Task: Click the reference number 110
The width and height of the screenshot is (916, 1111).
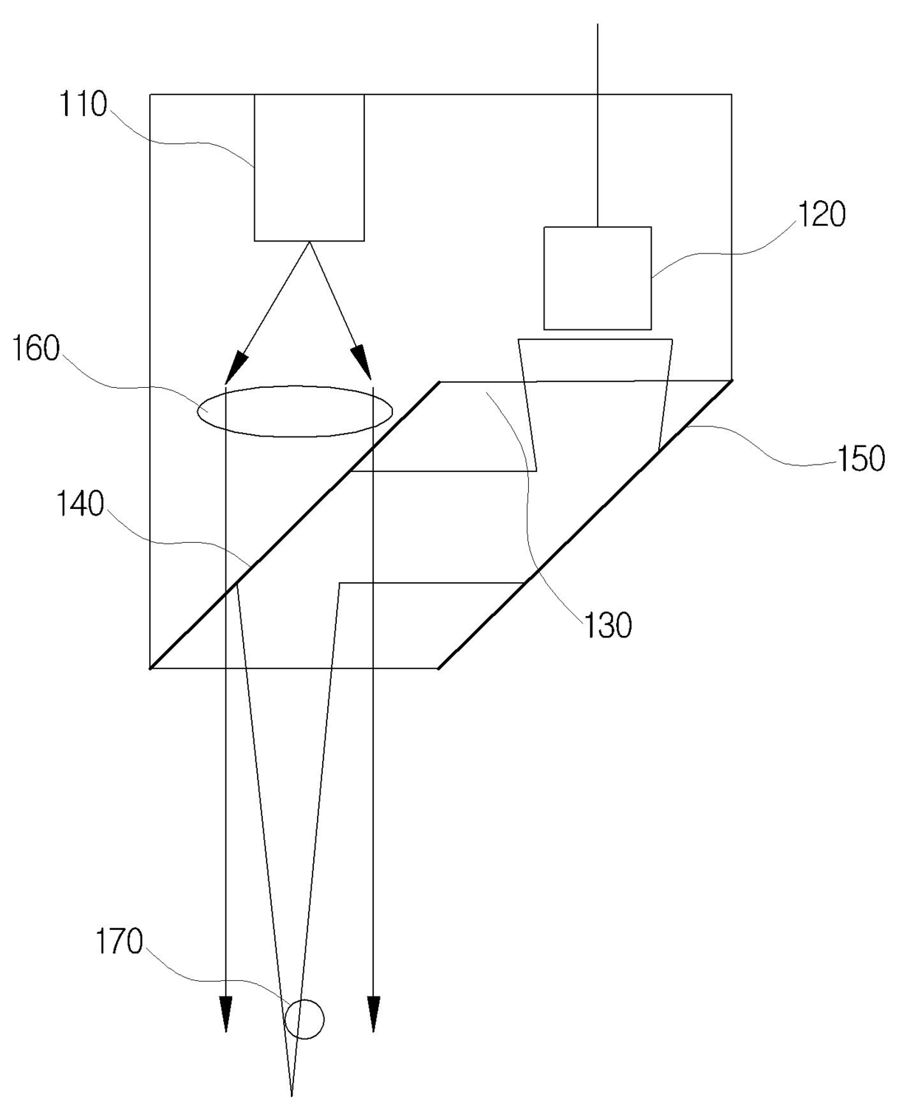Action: tap(83, 105)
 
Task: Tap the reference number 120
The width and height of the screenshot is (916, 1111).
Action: tap(821, 214)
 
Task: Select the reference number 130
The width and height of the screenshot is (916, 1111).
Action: tap(609, 626)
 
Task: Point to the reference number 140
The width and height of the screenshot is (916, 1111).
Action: tap(81, 505)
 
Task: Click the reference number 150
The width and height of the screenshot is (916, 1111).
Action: tap(861, 458)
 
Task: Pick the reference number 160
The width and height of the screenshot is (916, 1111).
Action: tap(35, 348)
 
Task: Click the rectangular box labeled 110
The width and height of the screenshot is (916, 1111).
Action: tap(309, 167)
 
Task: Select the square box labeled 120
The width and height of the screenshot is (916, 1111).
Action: tap(598, 278)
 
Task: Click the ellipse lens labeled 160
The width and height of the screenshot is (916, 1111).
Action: tap(294, 411)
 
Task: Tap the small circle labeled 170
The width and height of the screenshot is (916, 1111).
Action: tap(304, 1019)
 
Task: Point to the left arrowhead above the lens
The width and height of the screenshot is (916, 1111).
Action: tap(238, 363)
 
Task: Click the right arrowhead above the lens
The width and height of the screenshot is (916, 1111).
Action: tap(361, 362)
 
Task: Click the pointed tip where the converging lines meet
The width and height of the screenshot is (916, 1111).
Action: tap(293, 1093)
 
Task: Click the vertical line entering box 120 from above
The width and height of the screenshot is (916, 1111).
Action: tap(597, 126)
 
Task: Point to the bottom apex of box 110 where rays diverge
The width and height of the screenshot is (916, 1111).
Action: tap(309, 242)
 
